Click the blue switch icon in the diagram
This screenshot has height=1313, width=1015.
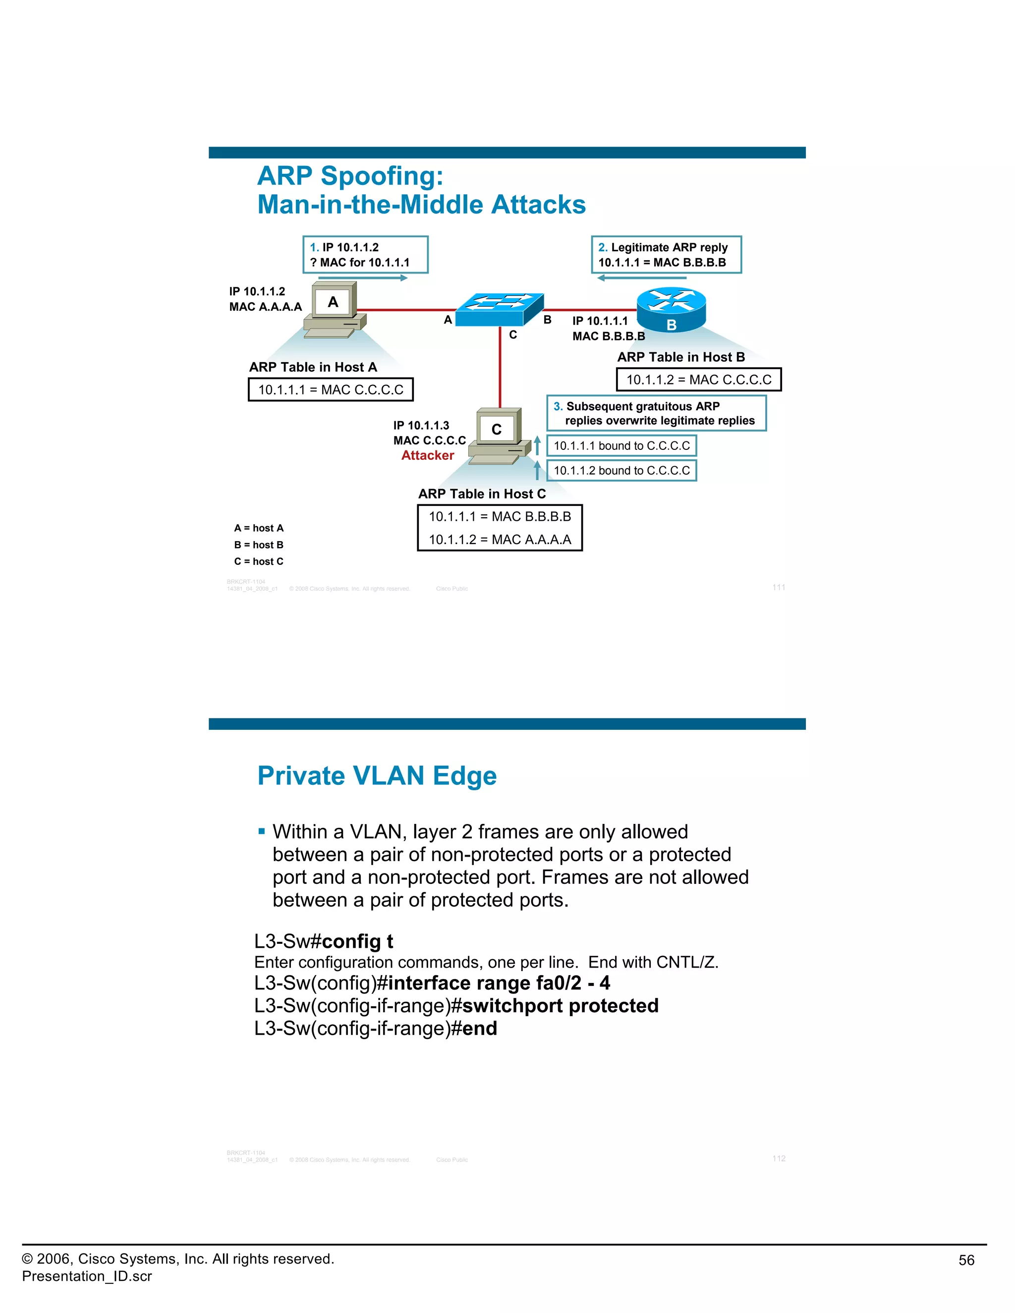pyautogui.click(x=499, y=310)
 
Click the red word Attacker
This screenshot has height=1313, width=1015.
pyautogui.click(x=428, y=456)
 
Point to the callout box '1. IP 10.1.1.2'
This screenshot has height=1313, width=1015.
pyautogui.click(x=365, y=255)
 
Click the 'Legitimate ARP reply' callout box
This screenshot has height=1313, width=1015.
pyautogui.click(x=666, y=255)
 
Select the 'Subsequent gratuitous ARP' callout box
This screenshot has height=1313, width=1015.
pyautogui.click(x=656, y=414)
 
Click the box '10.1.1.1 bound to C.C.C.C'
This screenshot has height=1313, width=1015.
pyautogui.click(x=621, y=446)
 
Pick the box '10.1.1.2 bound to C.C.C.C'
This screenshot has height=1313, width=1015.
pyautogui.click(x=621, y=471)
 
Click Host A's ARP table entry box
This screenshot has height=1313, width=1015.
pyautogui.click(x=331, y=389)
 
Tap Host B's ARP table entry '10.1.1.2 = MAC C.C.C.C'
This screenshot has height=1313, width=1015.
pyautogui.click(x=699, y=380)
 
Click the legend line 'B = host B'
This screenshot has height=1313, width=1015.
pyautogui.click(x=259, y=545)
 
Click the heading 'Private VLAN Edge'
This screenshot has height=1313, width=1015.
pyautogui.click(x=377, y=776)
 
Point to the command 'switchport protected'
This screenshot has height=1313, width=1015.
pyautogui.click(x=560, y=1006)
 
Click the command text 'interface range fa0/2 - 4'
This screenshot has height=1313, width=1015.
pyautogui.click(x=499, y=983)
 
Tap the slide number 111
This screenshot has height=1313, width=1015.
pyautogui.click(x=779, y=587)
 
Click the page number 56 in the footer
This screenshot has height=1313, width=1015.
pyautogui.click(x=966, y=1260)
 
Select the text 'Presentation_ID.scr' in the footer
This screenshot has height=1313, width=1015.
pyautogui.click(x=87, y=1276)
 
